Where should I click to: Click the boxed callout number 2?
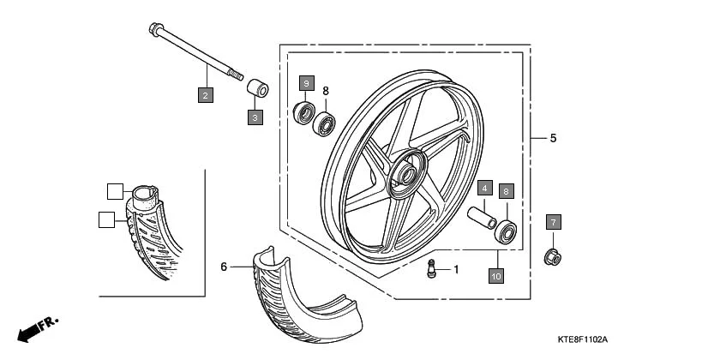[x=205, y=95]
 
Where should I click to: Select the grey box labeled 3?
[x=255, y=117]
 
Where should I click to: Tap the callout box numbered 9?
[x=307, y=83]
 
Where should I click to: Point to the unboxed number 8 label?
[x=326, y=90]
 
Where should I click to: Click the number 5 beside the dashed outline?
[x=553, y=137]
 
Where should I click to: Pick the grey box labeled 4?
[x=484, y=188]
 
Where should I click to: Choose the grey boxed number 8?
[x=507, y=191]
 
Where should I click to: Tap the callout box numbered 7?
[x=554, y=223]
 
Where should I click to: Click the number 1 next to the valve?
[x=456, y=269]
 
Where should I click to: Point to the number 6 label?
[x=224, y=267]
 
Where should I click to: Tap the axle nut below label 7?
[x=554, y=256]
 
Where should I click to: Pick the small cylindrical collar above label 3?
[x=255, y=88]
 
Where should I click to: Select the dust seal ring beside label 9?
[x=303, y=112]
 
